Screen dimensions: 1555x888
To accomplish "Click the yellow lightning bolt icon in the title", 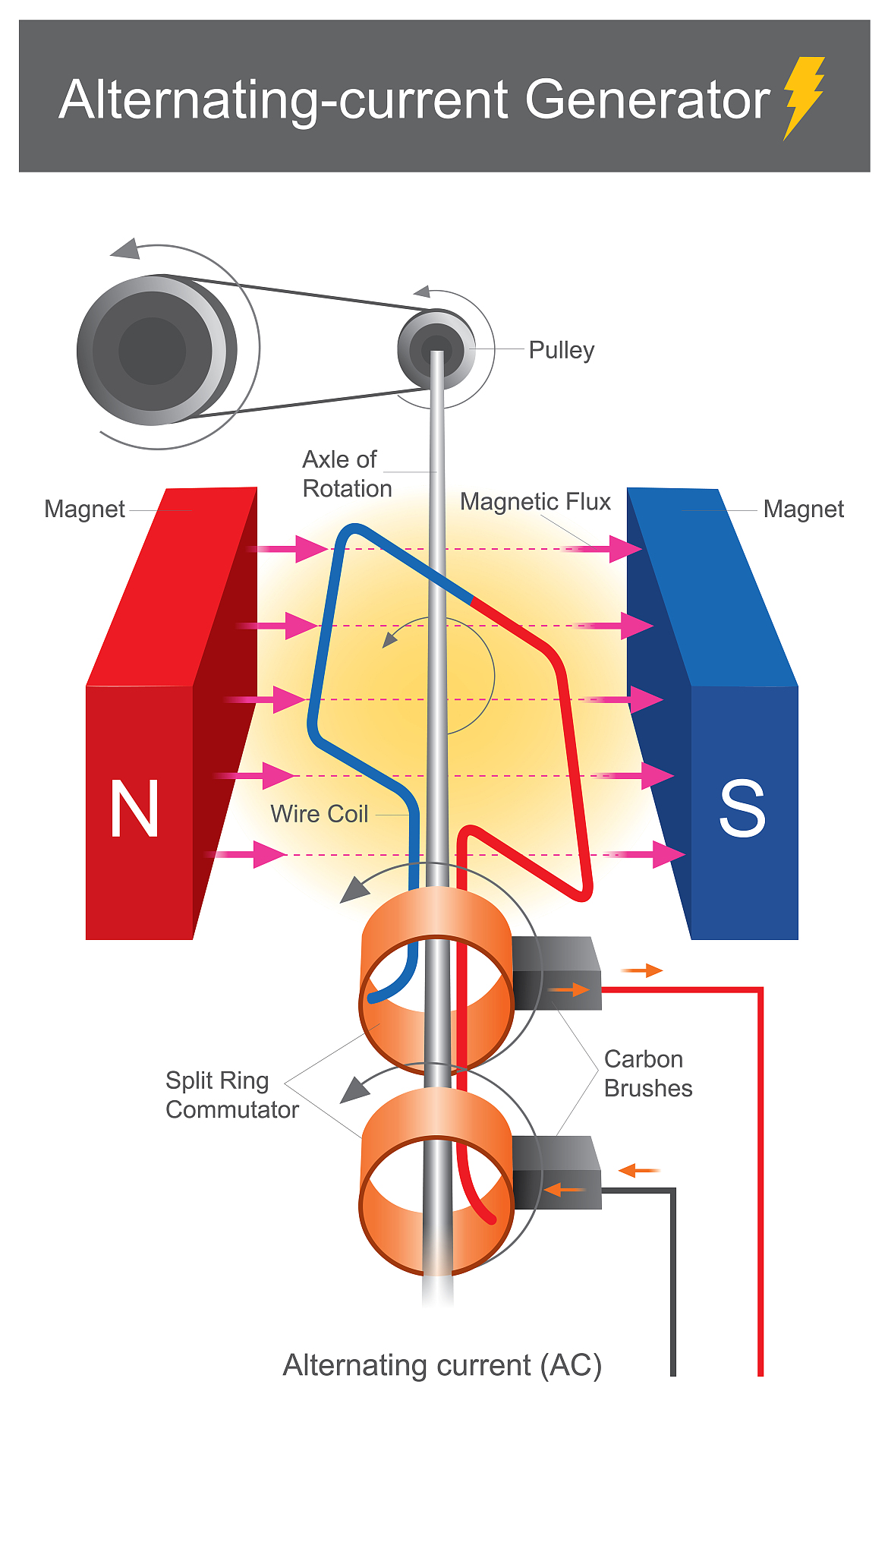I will pyautogui.click(x=803, y=96).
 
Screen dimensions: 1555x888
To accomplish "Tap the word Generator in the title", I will pyautogui.click(x=647, y=100).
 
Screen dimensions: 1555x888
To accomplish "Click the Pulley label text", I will pyautogui.click(x=561, y=350).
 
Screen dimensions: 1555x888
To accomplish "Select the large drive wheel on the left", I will pyautogui.click(x=156, y=350).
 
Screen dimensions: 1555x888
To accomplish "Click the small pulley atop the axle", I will pyautogui.click(x=436, y=349).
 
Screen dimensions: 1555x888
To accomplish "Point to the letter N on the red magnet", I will pyautogui.click(x=134, y=809).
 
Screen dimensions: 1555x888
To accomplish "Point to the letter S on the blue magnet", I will pyautogui.click(x=742, y=809).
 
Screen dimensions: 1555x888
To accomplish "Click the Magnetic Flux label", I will pyautogui.click(x=535, y=502).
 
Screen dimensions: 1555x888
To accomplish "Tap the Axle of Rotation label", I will pyautogui.click(x=346, y=474).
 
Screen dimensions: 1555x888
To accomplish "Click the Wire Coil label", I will pyautogui.click(x=319, y=814).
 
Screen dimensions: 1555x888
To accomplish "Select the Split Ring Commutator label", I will pyautogui.click(x=231, y=1095).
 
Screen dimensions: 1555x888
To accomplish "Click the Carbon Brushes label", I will pyautogui.click(x=647, y=1074).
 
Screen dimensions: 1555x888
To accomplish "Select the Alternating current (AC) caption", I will pyautogui.click(x=442, y=1365).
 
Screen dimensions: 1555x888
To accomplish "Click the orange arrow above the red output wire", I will pyautogui.click(x=642, y=970).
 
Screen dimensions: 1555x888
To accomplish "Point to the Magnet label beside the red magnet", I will pyautogui.click(x=84, y=509).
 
